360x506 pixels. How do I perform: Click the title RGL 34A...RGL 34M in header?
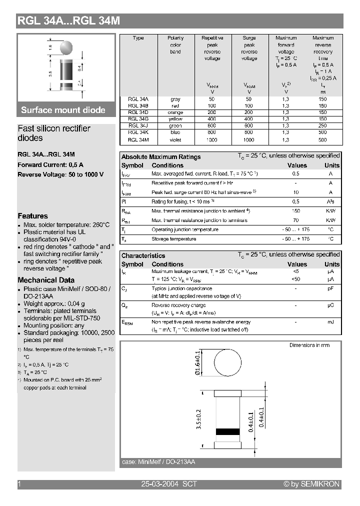click(68, 21)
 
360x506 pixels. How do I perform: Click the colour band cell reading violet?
click(175, 140)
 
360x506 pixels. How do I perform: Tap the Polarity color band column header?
click(175, 45)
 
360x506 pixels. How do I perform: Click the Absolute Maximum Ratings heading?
click(161, 157)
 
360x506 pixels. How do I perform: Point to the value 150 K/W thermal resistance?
click(296, 211)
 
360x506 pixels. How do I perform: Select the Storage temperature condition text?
click(173, 239)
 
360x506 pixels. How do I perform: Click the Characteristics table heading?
click(143, 255)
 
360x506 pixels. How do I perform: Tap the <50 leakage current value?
click(296, 278)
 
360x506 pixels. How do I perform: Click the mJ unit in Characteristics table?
click(330, 322)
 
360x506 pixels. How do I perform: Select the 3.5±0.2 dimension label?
click(198, 419)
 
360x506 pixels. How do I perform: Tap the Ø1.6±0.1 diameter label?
click(198, 364)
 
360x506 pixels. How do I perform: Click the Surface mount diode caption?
click(63, 110)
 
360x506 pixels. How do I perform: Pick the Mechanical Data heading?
click(46, 280)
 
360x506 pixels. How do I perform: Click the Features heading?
click(32, 216)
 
